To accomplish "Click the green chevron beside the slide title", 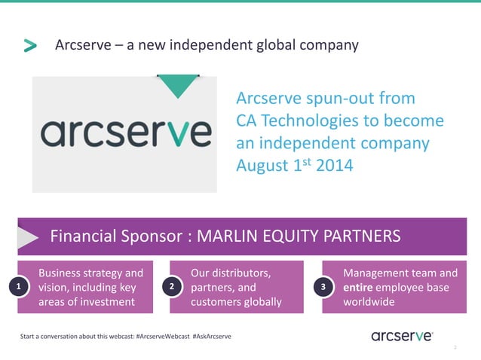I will tap(30, 46).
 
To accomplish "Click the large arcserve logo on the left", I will tap(125, 133).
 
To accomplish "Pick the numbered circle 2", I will tap(173, 288).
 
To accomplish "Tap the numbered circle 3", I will tap(324, 288).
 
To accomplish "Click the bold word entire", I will tap(359, 288).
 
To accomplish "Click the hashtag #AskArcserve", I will tap(212, 336).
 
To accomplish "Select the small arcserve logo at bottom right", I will tap(402, 336).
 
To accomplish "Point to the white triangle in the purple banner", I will tap(28, 237).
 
